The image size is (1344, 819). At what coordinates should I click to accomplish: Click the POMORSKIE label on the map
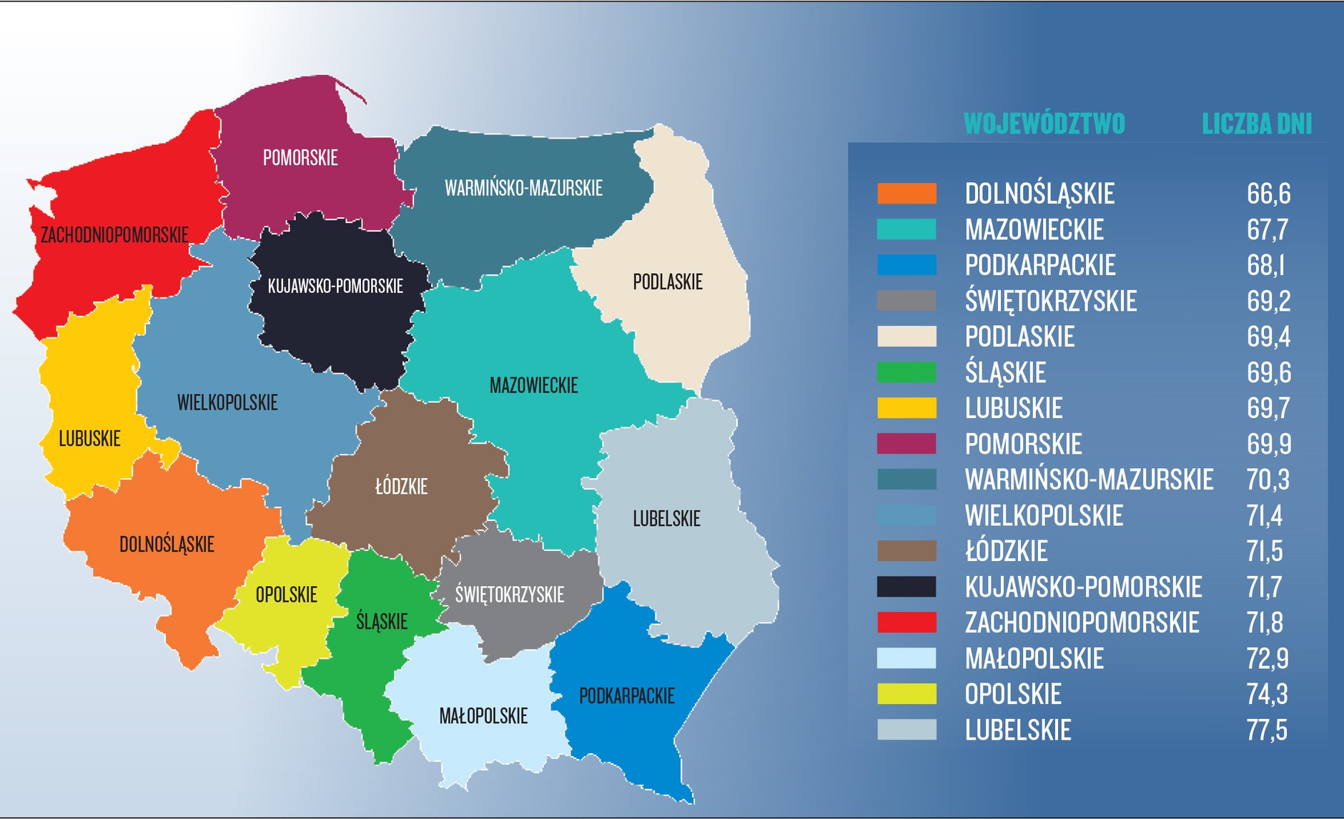click(300, 158)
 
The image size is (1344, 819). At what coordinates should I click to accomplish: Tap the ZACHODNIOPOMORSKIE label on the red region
click(114, 235)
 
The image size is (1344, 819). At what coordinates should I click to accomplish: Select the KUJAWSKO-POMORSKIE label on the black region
click(335, 287)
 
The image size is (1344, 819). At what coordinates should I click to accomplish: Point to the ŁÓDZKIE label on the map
click(401, 487)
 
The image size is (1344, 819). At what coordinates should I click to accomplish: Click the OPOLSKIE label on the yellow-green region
click(286, 595)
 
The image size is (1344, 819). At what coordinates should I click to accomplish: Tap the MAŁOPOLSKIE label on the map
click(483, 716)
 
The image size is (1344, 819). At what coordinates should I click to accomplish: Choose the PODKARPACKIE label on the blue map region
click(626, 696)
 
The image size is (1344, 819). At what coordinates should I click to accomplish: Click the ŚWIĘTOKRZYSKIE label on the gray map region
click(510, 595)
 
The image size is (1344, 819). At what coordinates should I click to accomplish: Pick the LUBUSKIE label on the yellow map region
click(89, 439)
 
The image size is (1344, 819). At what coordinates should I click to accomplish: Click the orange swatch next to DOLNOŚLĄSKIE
click(906, 194)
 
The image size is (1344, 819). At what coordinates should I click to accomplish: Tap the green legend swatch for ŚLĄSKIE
click(906, 372)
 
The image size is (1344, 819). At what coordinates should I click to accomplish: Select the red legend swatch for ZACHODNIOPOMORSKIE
click(906, 622)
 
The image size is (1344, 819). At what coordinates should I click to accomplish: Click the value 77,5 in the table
click(1267, 730)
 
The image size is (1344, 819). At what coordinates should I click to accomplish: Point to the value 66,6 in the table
click(1268, 194)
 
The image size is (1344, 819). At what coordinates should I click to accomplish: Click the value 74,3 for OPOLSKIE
click(1267, 694)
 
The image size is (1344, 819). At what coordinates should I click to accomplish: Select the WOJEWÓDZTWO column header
click(1044, 124)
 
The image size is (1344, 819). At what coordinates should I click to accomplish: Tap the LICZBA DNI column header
click(1257, 124)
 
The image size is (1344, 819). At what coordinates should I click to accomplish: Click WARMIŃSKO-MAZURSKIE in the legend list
click(1089, 480)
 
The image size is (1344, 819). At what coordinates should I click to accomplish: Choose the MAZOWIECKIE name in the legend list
click(1034, 230)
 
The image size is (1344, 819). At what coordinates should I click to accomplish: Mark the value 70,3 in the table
click(1268, 480)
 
